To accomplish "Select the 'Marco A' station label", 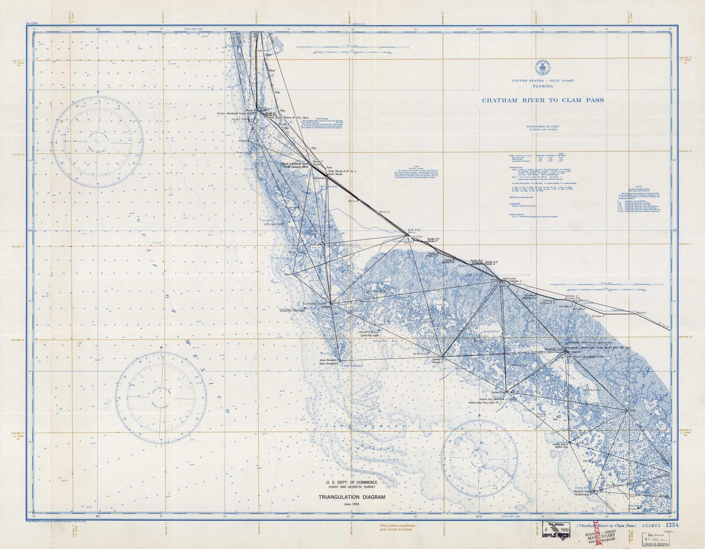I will coord(385,212).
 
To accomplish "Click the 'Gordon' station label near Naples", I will coord(243,141).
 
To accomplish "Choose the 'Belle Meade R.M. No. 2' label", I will coord(342,171).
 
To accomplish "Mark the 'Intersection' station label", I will coord(319,178).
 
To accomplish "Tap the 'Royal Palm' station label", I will coord(416,236).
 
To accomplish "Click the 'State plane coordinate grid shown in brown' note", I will coord(397,527).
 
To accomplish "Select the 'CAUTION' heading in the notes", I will coord(638,187).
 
